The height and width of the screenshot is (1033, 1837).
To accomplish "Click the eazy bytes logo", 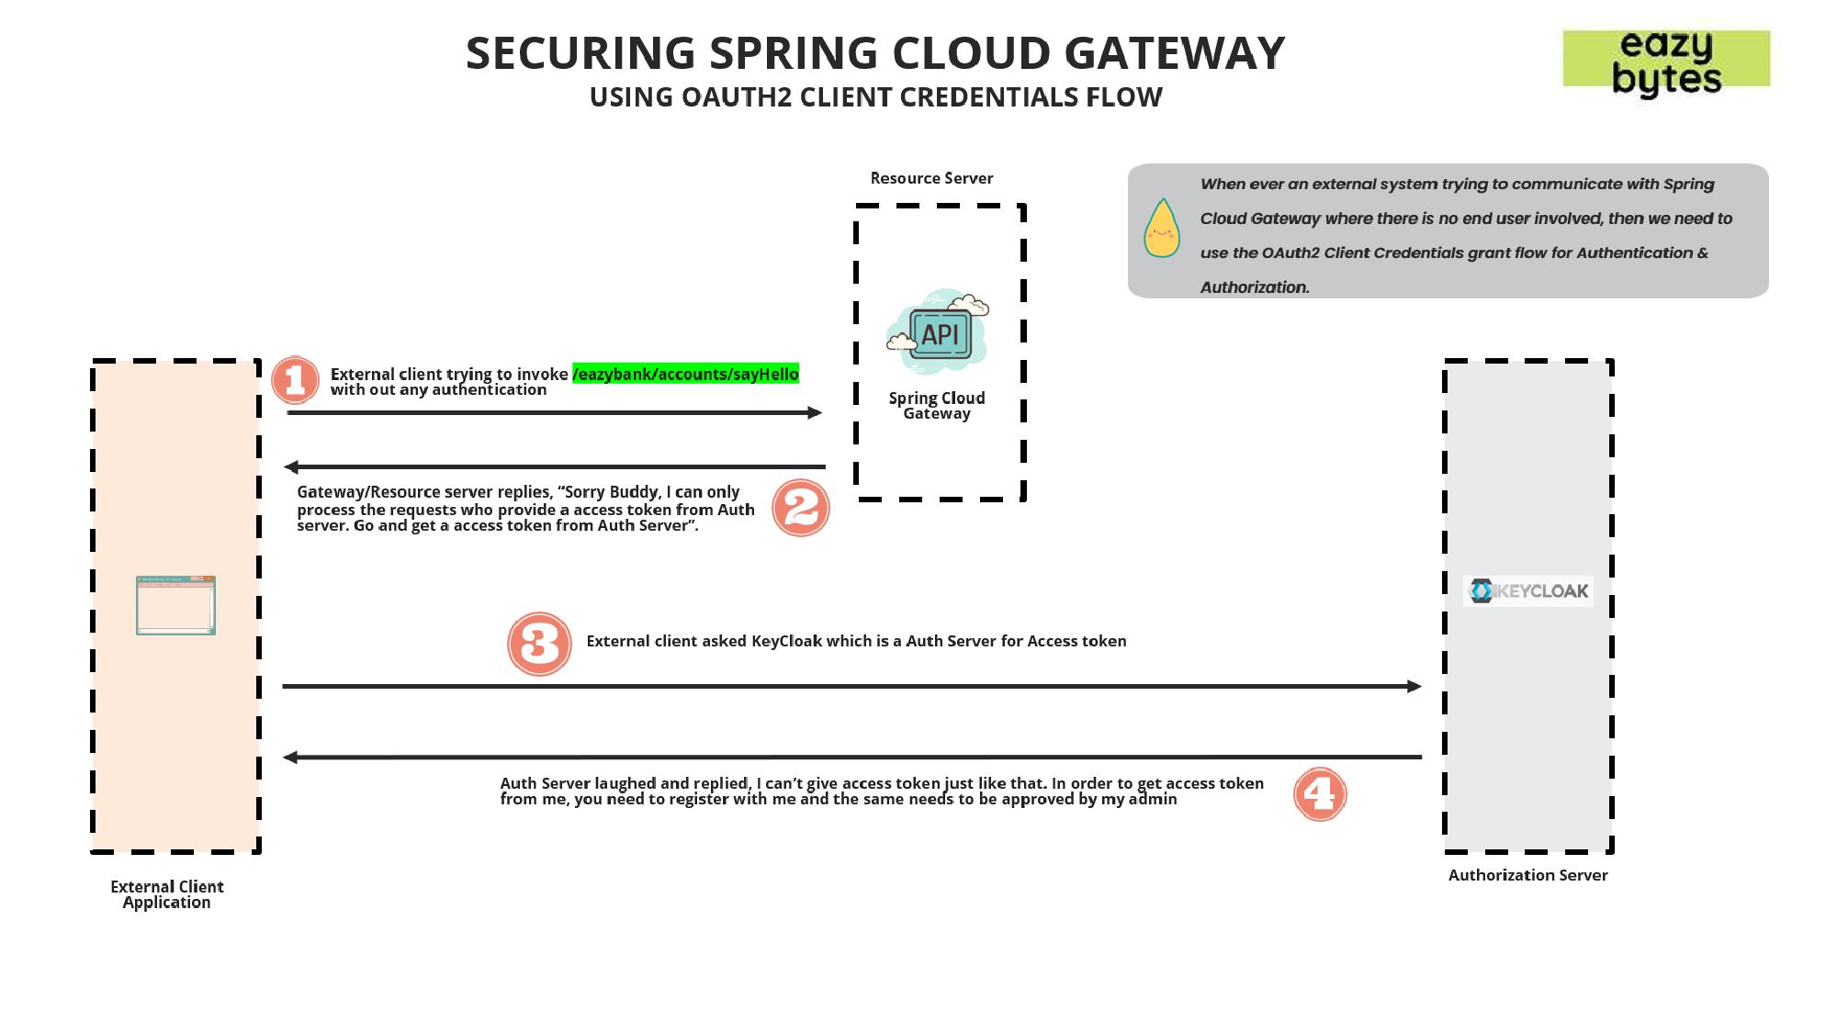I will [x=1666, y=61].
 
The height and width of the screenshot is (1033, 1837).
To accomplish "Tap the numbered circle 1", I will [x=295, y=380].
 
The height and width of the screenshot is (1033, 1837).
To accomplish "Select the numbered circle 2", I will [x=801, y=508].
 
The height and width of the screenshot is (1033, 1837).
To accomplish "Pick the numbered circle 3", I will [x=539, y=644].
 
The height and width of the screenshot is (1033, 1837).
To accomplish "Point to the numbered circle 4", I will [x=1320, y=794].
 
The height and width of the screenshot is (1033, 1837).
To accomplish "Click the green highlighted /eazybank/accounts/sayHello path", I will [x=685, y=374].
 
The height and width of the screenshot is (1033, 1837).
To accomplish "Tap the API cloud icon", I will [x=937, y=332].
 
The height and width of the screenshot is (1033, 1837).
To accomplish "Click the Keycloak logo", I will [x=1528, y=590].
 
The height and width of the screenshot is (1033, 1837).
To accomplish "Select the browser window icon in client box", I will [x=175, y=605].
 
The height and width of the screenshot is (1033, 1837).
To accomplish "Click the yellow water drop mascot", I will [x=1161, y=229].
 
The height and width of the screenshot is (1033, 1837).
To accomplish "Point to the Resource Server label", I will [x=931, y=178].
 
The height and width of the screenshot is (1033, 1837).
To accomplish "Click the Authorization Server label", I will [x=1527, y=875].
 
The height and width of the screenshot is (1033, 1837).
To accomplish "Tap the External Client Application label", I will [x=167, y=894].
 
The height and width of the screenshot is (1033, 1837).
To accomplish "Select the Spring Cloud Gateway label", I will [x=937, y=405].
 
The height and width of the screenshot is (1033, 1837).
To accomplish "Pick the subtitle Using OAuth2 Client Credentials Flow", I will [x=875, y=97].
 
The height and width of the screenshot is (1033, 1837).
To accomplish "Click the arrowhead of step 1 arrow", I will [x=815, y=413].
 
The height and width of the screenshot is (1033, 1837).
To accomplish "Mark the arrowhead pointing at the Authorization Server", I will [x=1414, y=686].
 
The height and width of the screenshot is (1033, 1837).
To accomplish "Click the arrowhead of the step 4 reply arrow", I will [x=290, y=758].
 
